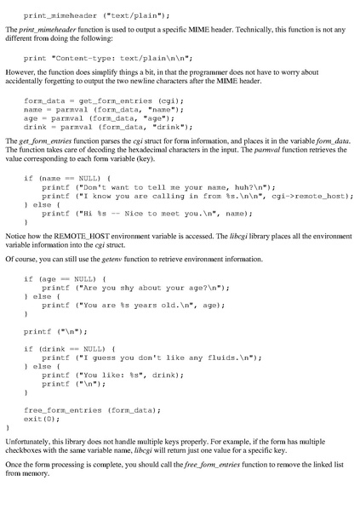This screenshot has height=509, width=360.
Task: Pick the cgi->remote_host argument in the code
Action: [296, 195]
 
